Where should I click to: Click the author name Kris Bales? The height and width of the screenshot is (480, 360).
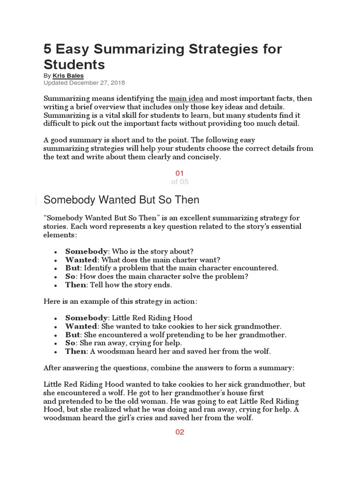68,75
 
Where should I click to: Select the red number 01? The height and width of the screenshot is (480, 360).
180,173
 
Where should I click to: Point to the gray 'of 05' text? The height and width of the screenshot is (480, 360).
180,182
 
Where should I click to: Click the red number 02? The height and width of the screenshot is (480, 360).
180,432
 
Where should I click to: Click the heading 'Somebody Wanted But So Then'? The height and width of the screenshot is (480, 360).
121,200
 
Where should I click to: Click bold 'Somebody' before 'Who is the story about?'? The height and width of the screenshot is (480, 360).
86,251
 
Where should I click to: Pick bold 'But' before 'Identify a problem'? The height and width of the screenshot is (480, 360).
73,268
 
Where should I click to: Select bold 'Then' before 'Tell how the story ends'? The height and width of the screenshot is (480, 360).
75,285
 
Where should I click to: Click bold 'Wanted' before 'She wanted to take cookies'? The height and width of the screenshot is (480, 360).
81,326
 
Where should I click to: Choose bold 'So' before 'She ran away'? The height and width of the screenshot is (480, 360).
70,343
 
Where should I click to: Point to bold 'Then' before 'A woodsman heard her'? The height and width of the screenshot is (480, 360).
75,352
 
